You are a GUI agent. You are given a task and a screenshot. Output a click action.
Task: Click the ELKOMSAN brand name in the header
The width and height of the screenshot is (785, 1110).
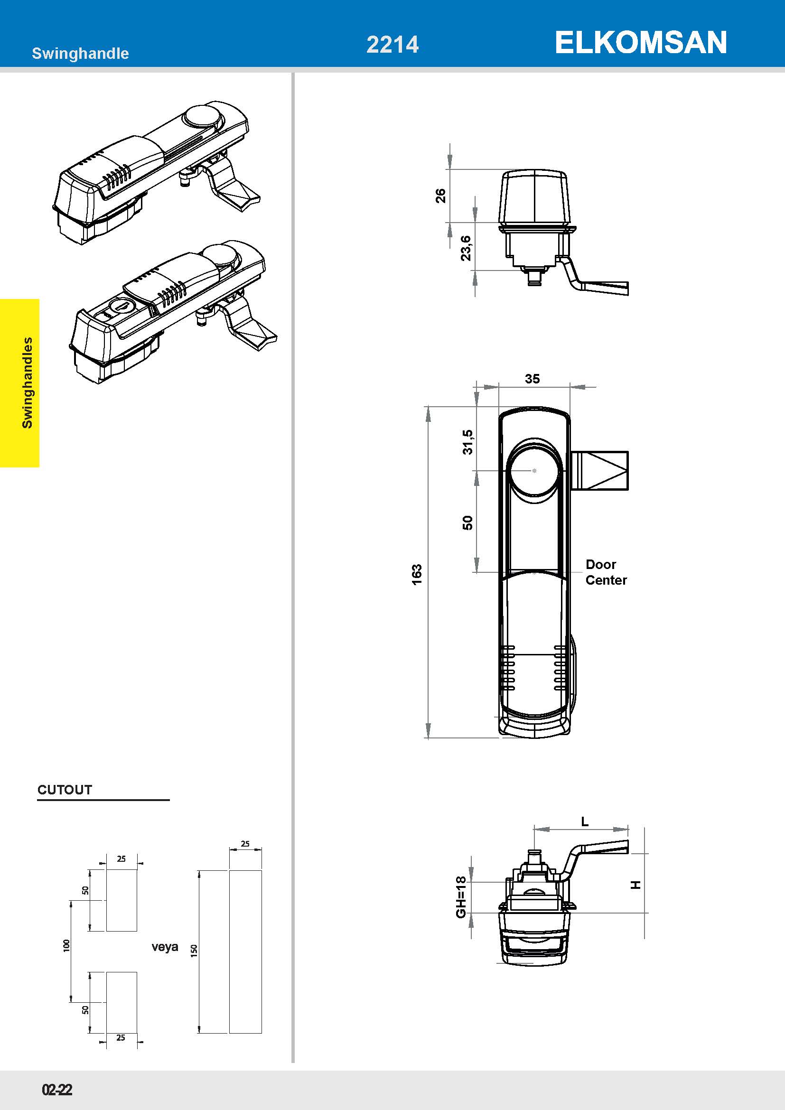click(x=640, y=43)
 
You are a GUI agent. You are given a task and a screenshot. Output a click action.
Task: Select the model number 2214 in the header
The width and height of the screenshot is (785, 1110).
click(x=392, y=45)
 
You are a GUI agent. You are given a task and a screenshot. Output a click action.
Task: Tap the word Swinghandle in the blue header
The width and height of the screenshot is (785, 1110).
click(x=80, y=53)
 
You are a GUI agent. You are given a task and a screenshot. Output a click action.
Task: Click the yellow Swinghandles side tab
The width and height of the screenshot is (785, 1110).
click(x=20, y=383)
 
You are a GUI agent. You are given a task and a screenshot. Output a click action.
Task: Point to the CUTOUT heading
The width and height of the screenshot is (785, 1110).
click(x=65, y=790)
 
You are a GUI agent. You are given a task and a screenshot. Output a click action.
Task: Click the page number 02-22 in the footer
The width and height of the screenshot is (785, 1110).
click(x=57, y=1090)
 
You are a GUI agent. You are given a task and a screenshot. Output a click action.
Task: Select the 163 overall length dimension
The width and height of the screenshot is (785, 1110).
click(x=417, y=574)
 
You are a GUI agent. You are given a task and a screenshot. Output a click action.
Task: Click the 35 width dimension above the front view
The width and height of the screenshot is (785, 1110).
click(x=532, y=379)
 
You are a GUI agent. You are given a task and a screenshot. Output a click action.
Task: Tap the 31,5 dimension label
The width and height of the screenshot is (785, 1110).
click(x=467, y=442)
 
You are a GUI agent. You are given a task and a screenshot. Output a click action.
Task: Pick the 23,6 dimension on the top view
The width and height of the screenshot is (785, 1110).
click(x=466, y=248)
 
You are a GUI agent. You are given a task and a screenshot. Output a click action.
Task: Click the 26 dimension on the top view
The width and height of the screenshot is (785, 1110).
click(x=440, y=196)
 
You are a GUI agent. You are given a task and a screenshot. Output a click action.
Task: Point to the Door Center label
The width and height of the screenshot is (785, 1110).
click(x=606, y=572)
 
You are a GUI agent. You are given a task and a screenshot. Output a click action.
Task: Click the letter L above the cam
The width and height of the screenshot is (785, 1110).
click(x=585, y=821)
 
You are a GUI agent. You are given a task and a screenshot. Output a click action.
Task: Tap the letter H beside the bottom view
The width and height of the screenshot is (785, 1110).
click(x=636, y=885)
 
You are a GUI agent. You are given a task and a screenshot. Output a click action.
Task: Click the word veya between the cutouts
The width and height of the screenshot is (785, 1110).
click(x=165, y=947)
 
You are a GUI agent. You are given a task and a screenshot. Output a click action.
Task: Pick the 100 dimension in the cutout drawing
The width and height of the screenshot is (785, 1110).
click(x=66, y=946)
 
